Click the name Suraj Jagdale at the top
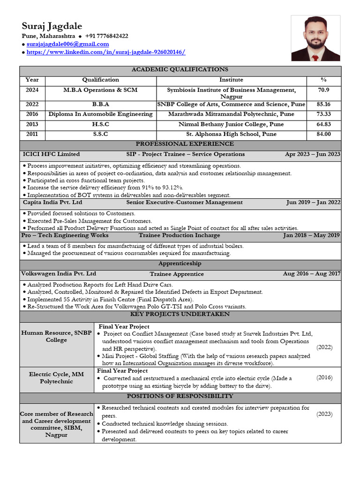click(x=52, y=25)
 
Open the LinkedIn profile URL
click(x=105, y=52)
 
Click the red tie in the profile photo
click(x=315, y=58)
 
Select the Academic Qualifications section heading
click(x=180, y=69)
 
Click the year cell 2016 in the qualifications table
click(x=32, y=114)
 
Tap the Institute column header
click(x=231, y=80)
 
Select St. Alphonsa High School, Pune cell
click(x=231, y=134)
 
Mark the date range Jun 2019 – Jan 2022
click(x=313, y=202)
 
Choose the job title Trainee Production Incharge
click(x=179, y=235)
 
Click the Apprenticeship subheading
click(x=180, y=264)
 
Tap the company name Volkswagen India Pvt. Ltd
click(x=59, y=274)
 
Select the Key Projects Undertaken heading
click(x=180, y=314)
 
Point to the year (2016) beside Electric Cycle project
click(x=324, y=377)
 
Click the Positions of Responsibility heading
click(x=180, y=397)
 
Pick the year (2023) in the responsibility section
click(x=324, y=414)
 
